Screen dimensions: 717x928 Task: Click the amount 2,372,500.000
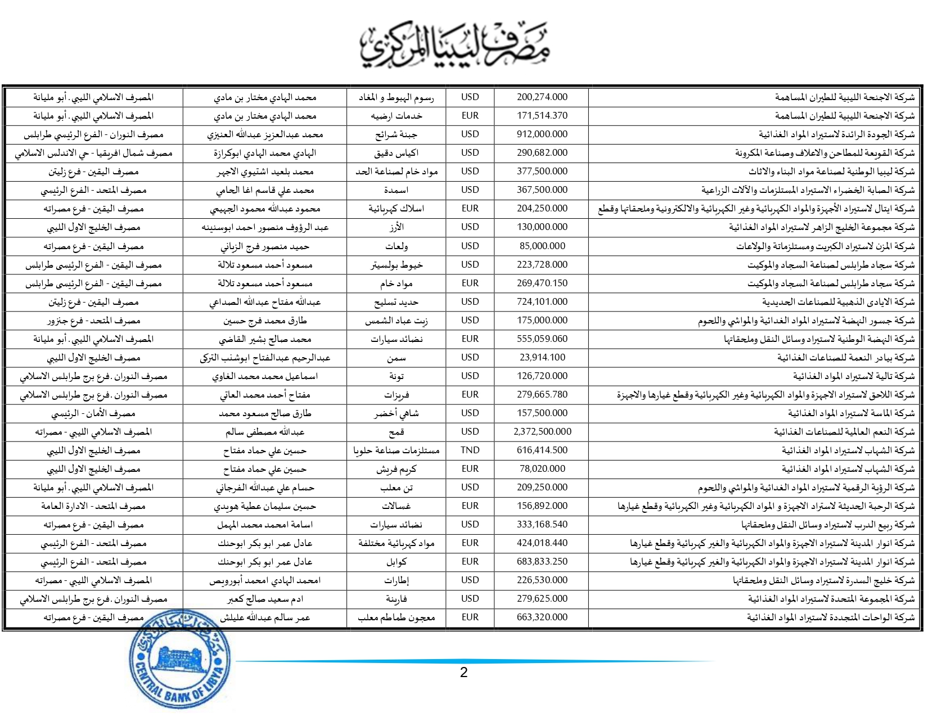(x=542, y=432)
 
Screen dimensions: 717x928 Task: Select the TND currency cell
(x=470, y=450)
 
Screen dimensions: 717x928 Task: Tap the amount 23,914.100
(x=542, y=358)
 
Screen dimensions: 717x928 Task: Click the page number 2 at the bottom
(x=463, y=673)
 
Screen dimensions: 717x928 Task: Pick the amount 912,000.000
(x=542, y=134)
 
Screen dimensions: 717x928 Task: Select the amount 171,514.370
(x=542, y=116)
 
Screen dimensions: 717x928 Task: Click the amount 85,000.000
(x=542, y=246)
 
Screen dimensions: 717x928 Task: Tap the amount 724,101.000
(x=542, y=302)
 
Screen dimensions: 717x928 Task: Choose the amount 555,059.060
(x=542, y=339)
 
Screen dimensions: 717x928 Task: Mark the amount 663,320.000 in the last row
(x=542, y=617)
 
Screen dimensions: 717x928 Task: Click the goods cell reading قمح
(x=397, y=432)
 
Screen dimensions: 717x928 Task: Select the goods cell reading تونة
(x=397, y=376)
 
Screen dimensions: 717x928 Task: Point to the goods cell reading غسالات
(x=397, y=506)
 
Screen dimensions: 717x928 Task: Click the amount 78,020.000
(x=542, y=469)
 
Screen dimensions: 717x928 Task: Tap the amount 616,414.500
(x=542, y=450)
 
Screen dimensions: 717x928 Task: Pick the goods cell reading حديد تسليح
(x=397, y=302)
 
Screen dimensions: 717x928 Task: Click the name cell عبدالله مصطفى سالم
(x=265, y=432)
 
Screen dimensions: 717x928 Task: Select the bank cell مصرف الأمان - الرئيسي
(x=93, y=413)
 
